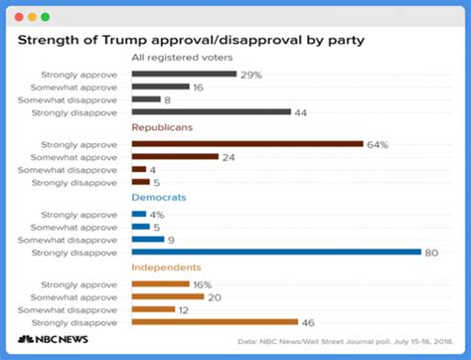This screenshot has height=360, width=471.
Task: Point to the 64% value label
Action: (x=378, y=144)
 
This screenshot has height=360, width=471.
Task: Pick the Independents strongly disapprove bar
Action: (x=215, y=321)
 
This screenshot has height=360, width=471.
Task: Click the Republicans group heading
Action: (x=163, y=128)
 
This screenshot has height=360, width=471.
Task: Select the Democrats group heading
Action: (x=159, y=198)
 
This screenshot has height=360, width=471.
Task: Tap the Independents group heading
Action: (x=167, y=268)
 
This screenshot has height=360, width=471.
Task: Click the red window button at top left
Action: (x=18, y=17)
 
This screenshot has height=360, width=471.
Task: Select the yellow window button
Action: (x=31, y=17)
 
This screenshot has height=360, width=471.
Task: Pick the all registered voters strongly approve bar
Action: (x=183, y=74)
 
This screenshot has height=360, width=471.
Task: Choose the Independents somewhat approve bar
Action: (x=167, y=295)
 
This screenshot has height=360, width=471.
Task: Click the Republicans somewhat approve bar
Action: (x=174, y=157)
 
